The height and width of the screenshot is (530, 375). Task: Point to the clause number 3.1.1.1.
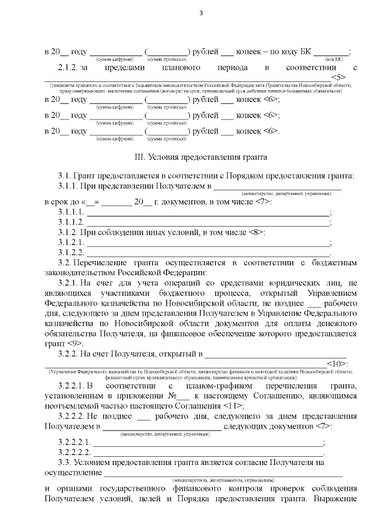(71, 213)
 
